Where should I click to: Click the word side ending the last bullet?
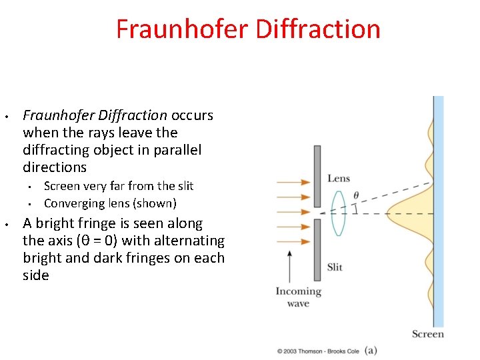pyautogui.click(x=36, y=275)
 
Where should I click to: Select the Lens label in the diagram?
pyautogui.click(x=339, y=178)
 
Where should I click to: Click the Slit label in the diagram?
pyautogui.click(x=335, y=267)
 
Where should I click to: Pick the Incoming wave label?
pyautogui.click(x=298, y=297)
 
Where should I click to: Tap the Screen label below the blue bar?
pyautogui.click(x=427, y=334)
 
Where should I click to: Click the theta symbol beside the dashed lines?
pyautogui.click(x=356, y=195)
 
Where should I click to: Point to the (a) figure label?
pyautogui.click(x=371, y=349)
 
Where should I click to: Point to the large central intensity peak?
pyautogui.click(x=410, y=214)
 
